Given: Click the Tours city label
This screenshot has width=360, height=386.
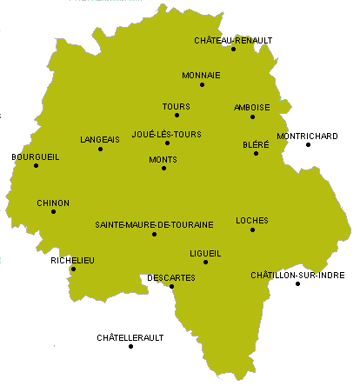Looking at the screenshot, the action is coord(176,106).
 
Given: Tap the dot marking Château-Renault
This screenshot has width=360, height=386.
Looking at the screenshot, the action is coord(233,49).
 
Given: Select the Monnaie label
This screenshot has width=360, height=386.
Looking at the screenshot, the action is coord(202,75).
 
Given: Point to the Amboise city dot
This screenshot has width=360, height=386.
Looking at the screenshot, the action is coord(252,116).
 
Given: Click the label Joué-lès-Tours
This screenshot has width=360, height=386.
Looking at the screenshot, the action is coord(166,134).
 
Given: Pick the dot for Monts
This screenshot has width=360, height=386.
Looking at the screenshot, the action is coord(163,168).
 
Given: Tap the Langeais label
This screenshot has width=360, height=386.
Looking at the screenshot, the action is coord(100,139).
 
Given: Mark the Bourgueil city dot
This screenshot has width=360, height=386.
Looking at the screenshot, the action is coord(36,165).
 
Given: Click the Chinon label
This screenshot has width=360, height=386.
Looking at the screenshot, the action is coord(53,203).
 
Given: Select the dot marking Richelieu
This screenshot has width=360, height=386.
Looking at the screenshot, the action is coord(73,269).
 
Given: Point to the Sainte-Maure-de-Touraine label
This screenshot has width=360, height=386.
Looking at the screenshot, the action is coord(154,224).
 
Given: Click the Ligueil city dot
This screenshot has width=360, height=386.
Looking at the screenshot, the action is coord(205,262).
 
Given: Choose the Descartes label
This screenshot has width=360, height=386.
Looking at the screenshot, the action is coord(171,277).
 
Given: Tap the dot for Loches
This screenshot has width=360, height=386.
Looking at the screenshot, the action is coord(252,230).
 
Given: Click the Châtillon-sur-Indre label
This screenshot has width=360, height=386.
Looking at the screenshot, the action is coord(297,275).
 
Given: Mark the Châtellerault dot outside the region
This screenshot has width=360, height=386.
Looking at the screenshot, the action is coord(130,346).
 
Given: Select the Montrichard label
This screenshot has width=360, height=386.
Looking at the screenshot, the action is coord(307,136).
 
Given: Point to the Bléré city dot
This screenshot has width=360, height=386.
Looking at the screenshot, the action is coord(256,153).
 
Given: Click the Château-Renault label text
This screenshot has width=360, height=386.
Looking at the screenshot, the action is coord(233,40).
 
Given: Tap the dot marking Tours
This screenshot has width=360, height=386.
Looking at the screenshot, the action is coord(177,115).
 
